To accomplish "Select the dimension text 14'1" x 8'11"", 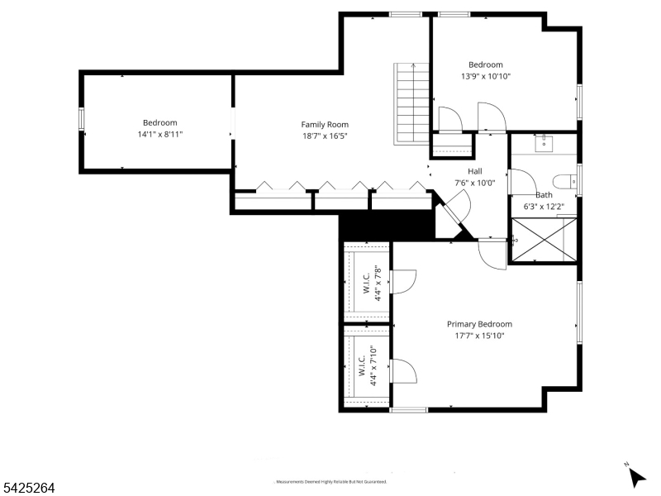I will point(159,134).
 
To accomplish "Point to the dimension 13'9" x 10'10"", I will point(485,76).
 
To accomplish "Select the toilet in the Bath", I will point(564,182).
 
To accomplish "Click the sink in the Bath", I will point(544,144).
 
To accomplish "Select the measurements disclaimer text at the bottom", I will point(330,481).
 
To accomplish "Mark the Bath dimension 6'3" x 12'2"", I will point(544,207).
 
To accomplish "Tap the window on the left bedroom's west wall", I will point(81,121).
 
